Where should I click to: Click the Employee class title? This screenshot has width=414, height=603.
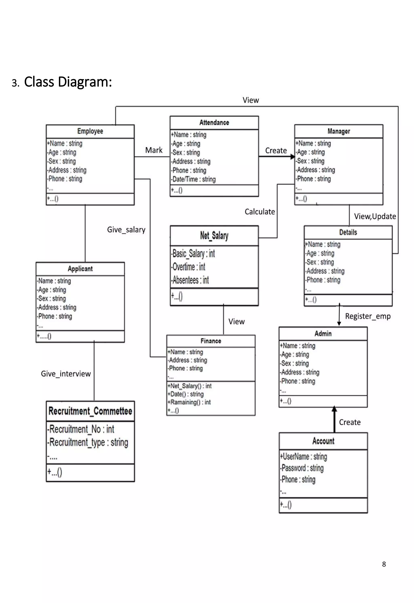[x=90, y=131]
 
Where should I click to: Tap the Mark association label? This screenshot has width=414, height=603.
[x=154, y=150]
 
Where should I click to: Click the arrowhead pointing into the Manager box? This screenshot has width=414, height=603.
[x=292, y=157]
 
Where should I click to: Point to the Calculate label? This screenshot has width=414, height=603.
[x=260, y=212]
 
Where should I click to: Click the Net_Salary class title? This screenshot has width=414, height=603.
[x=214, y=236]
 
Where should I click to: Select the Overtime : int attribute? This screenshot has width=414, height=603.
[x=189, y=267]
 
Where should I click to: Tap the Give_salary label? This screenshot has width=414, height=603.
[x=126, y=230]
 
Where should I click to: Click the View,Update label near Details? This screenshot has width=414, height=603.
[x=375, y=216]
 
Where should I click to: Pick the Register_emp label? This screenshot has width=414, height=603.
[x=368, y=316]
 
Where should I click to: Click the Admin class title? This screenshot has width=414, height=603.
[x=323, y=334]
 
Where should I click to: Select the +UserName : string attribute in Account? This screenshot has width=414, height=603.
[x=303, y=456]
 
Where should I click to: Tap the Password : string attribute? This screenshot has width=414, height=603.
[x=302, y=468]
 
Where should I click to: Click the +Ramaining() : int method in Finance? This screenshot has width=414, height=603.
[x=189, y=402]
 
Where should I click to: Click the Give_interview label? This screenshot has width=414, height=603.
[x=66, y=374]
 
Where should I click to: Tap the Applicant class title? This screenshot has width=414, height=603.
[x=80, y=269]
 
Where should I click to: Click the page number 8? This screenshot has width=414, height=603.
[x=384, y=564]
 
